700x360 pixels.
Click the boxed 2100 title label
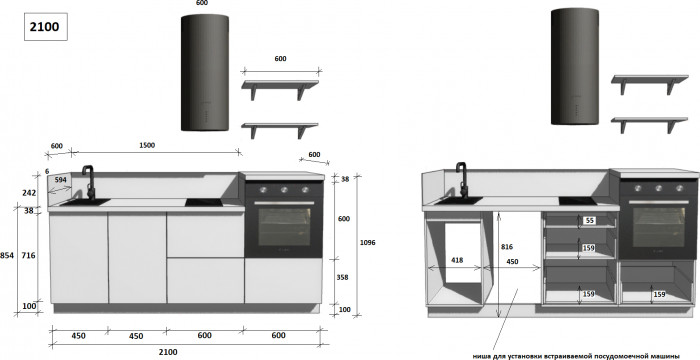click(46, 27)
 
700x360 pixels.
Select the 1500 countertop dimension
click(147, 145)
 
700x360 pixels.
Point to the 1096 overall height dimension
click(367, 243)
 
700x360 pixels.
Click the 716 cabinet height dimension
click(28, 255)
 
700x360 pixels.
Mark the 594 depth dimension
click(61, 180)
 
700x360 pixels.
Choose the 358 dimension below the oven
click(342, 277)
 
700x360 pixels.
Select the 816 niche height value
click(507, 247)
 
